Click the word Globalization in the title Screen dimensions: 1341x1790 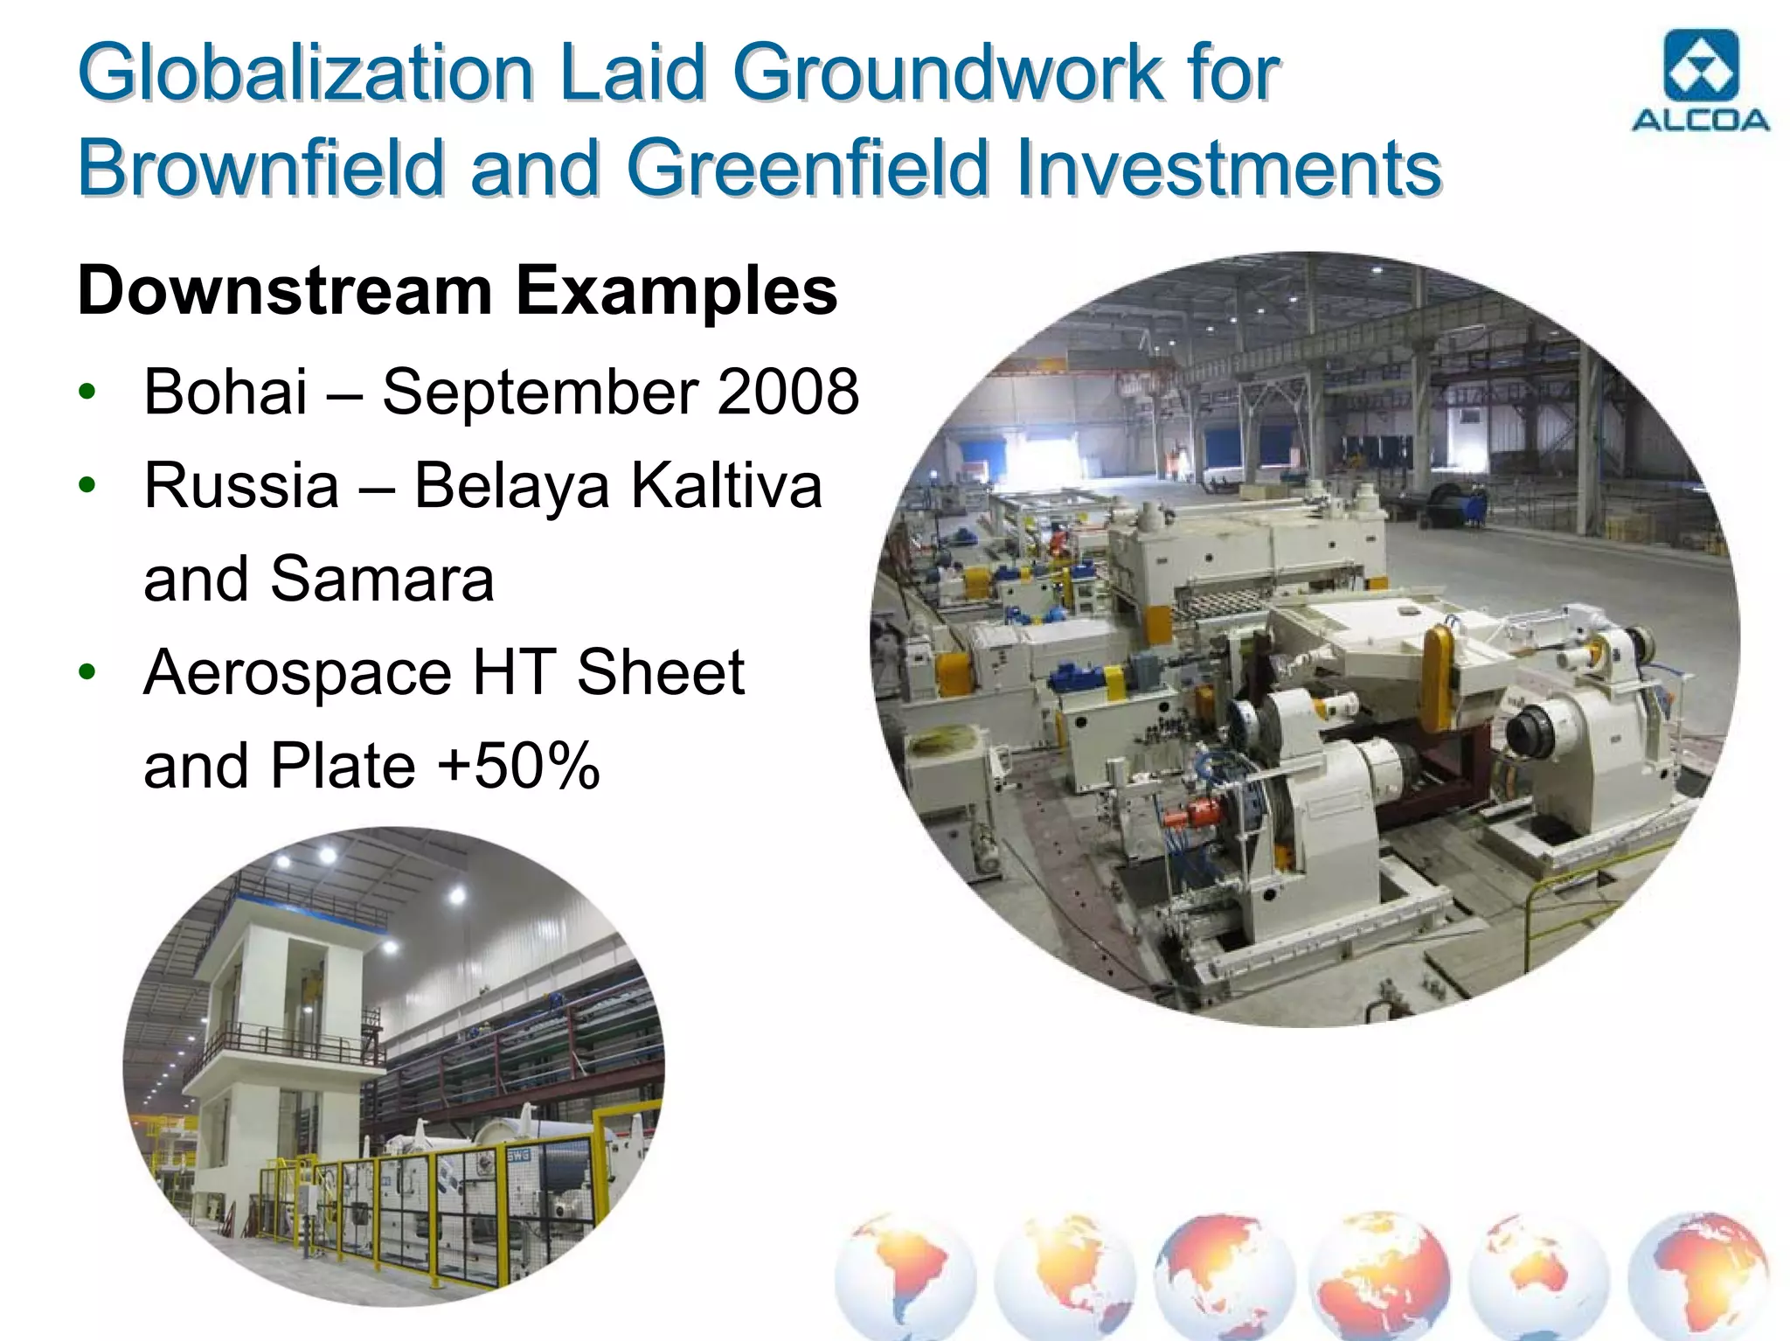click(x=306, y=73)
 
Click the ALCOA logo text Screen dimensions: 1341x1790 click(x=1700, y=121)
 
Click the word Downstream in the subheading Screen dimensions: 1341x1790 click(x=286, y=291)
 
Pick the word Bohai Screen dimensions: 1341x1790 click(x=225, y=392)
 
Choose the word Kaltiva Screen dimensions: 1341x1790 click(x=726, y=486)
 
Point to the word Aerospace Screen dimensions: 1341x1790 click(x=298, y=673)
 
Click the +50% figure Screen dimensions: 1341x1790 click(x=518, y=767)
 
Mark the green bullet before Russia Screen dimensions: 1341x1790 click(x=86, y=485)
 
